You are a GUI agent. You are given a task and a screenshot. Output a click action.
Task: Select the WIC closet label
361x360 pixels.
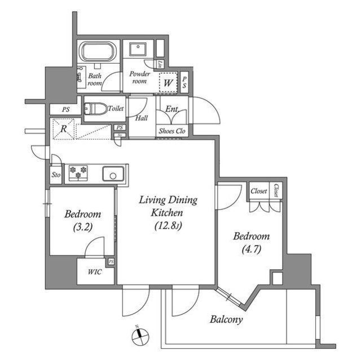(94, 272)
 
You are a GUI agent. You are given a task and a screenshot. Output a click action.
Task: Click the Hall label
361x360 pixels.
(143, 119)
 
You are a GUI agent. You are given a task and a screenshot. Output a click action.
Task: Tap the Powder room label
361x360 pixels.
(139, 78)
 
